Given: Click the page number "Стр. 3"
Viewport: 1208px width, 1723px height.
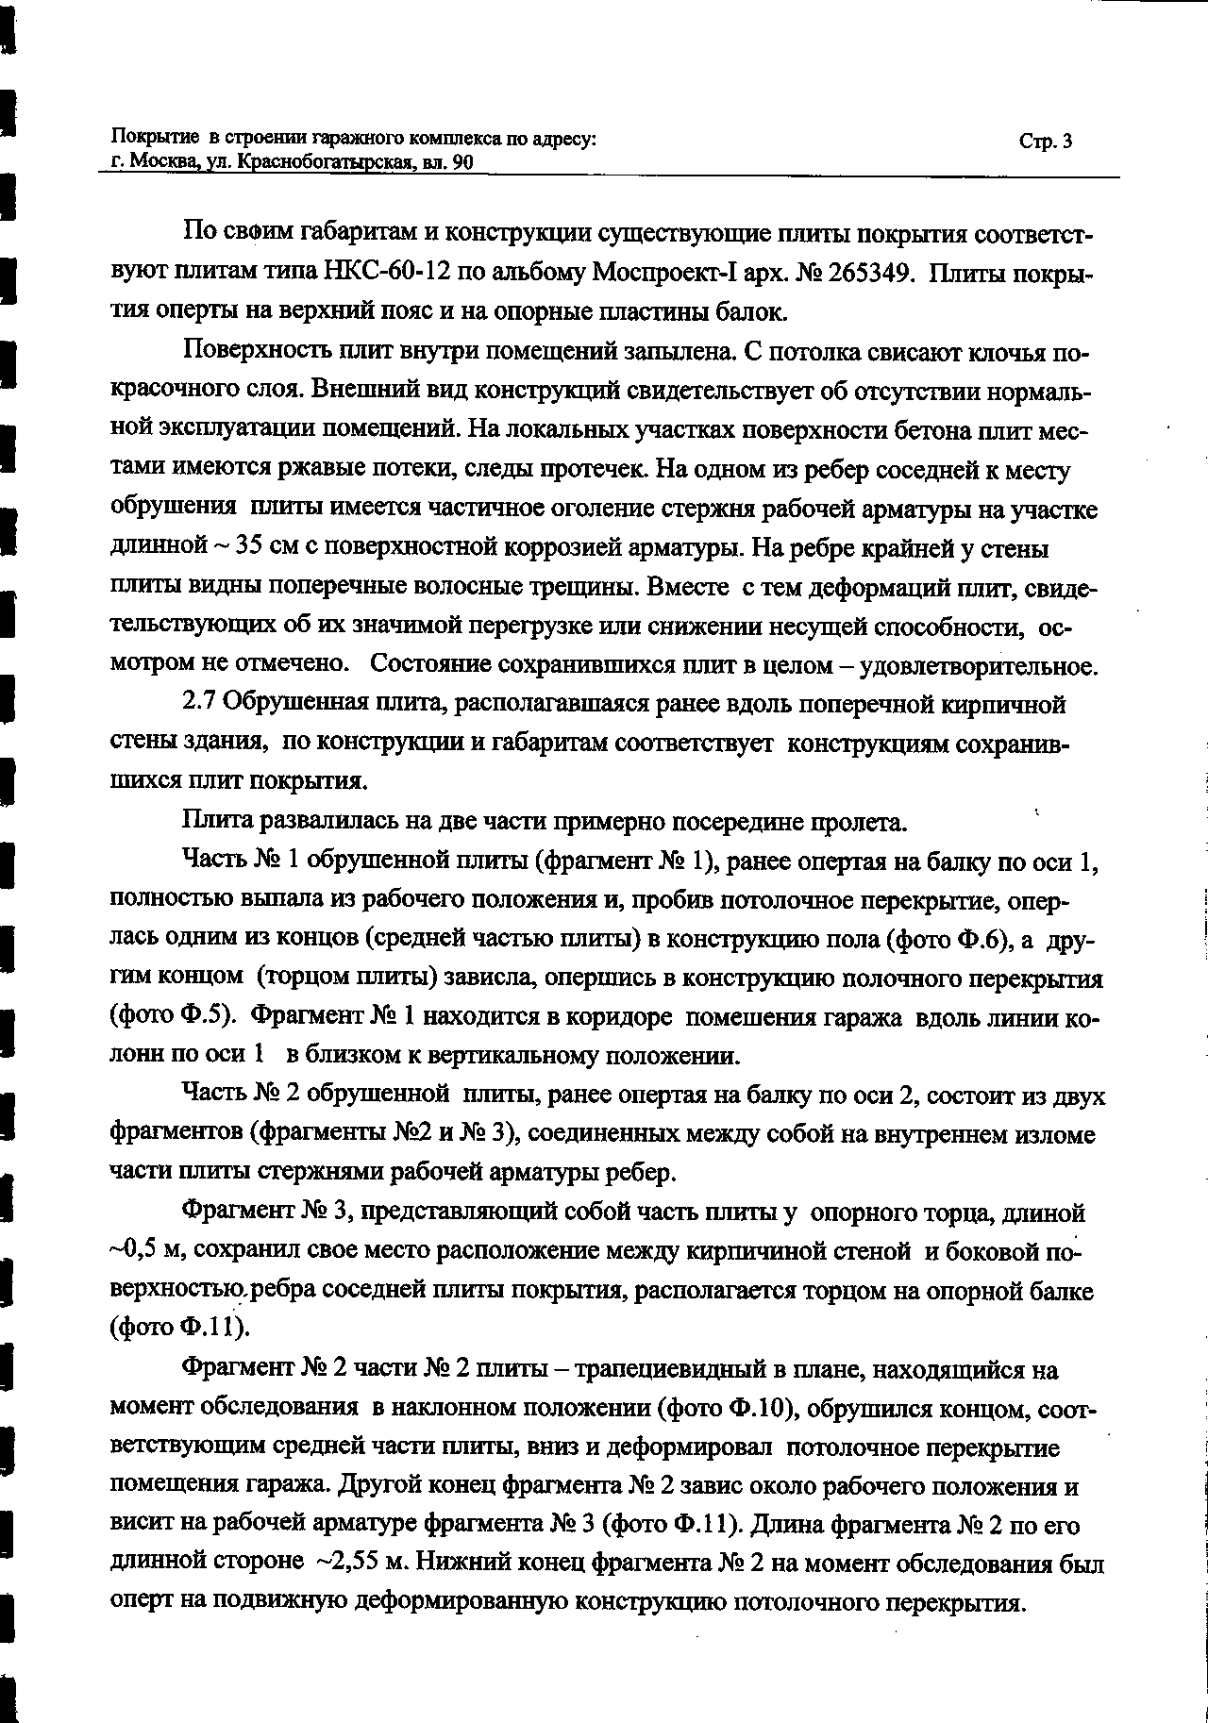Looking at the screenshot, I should pos(1045,142).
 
